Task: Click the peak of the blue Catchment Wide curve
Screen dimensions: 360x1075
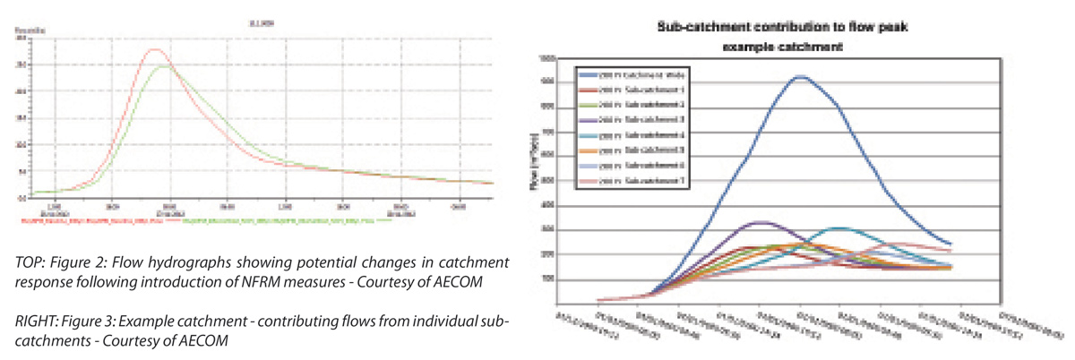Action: click(x=800, y=77)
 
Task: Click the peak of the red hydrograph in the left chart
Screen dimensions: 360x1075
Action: click(x=154, y=50)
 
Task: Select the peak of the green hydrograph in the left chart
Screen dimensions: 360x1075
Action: click(x=165, y=65)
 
